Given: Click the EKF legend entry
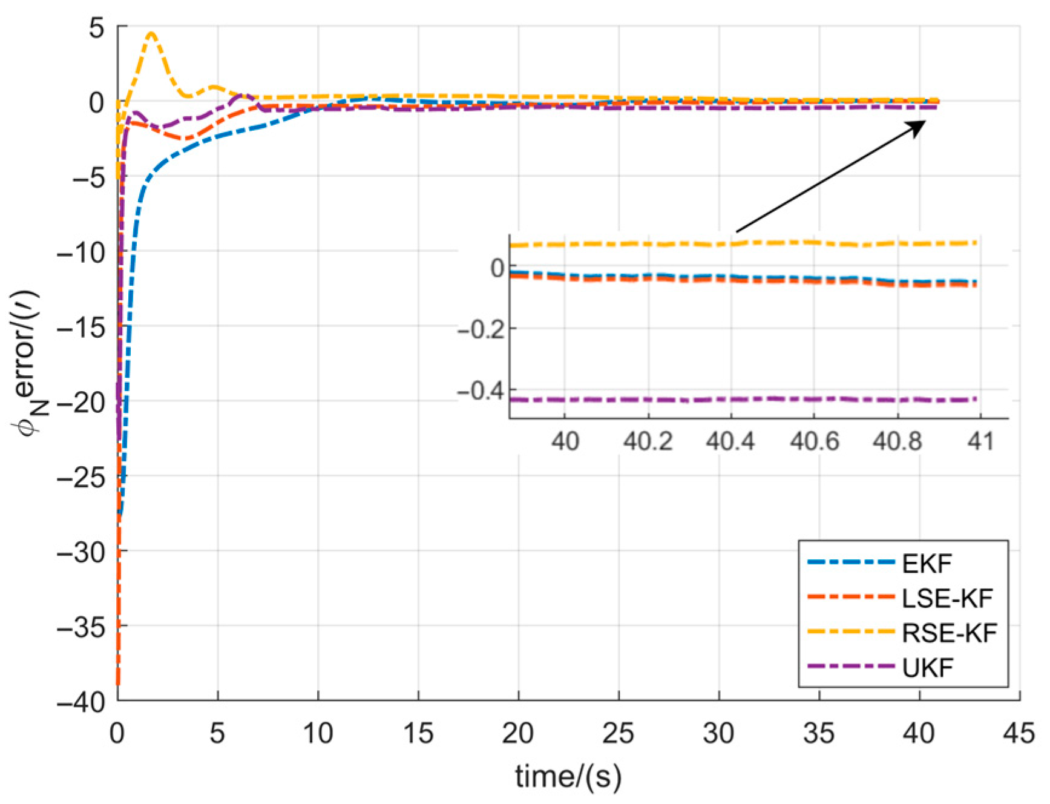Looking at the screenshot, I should pyautogui.click(x=927, y=564).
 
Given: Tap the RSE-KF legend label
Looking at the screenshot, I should pyautogui.click(x=948, y=633).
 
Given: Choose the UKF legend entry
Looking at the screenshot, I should pyautogui.click(x=927, y=668).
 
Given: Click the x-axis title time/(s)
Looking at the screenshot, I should pyautogui.click(x=568, y=776).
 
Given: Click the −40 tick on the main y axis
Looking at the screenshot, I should pyautogui.click(x=87, y=701).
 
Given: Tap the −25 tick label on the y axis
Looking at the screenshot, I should pyautogui.click(x=87, y=477).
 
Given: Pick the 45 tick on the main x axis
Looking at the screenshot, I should pyautogui.click(x=1019, y=734).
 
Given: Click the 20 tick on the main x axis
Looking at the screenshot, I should pyautogui.click(x=518, y=734).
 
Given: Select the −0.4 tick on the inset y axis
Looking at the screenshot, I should pyautogui.click(x=481, y=392).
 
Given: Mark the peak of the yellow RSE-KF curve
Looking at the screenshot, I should pyautogui.click(x=151, y=33).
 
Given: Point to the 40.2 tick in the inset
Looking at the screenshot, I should pyautogui.click(x=648, y=442).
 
